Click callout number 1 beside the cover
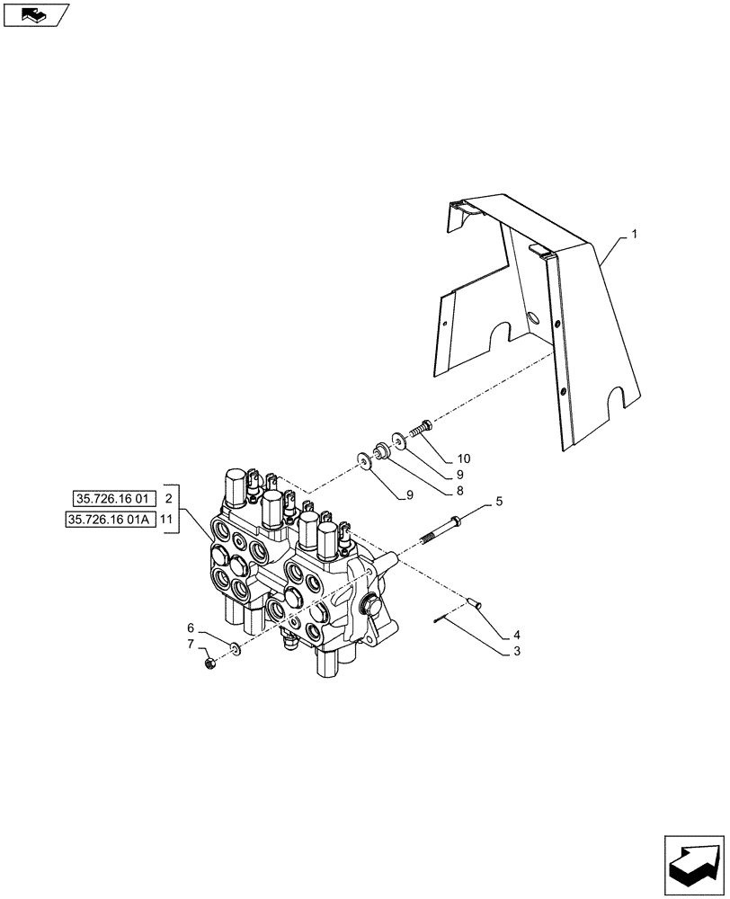click(x=634, y=235)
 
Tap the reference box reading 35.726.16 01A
click(x=111, y=520)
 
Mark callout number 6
click(x=190, y=627)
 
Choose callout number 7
click(x=190, y=645)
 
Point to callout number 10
click(x=462, y=458)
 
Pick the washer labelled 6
click(x=234, y=648)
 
